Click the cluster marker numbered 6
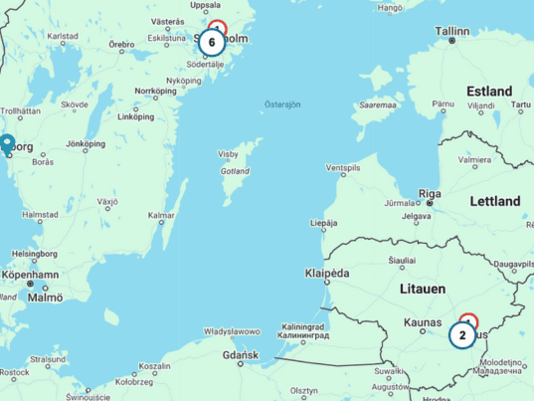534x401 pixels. [x=212, y=42]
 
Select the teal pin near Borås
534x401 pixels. [x=7, y=145]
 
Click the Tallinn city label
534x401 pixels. [x=451, y=30]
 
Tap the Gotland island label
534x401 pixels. [x=235, y=171]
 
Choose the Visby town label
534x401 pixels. [x=229, y=155]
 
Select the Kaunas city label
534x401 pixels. [x=430, y=322]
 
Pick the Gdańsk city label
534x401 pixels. [x=241, y=355]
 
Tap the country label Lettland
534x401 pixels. [x=494, y=201]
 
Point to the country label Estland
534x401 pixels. [x=489, y=92]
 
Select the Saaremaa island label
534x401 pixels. [x=378, y=103]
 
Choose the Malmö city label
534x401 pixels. [x=46, y=297]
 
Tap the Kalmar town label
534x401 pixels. [x=161, y=215]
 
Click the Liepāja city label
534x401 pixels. [x=323, y=224]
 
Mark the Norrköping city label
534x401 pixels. [x=155, y=91]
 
